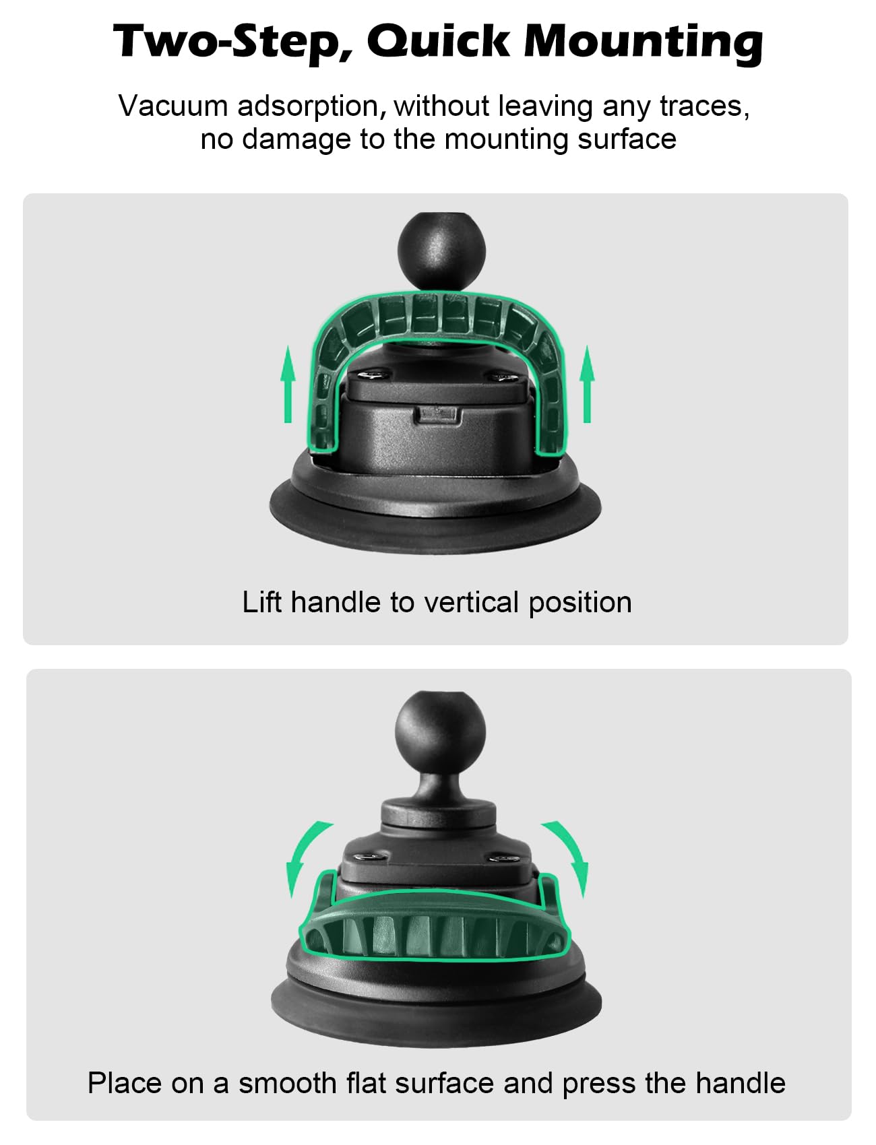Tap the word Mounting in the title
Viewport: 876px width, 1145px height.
pos(644,42)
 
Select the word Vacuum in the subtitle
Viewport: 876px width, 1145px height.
pos(174,106)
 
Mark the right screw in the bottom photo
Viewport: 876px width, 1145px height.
pos(502,858)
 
